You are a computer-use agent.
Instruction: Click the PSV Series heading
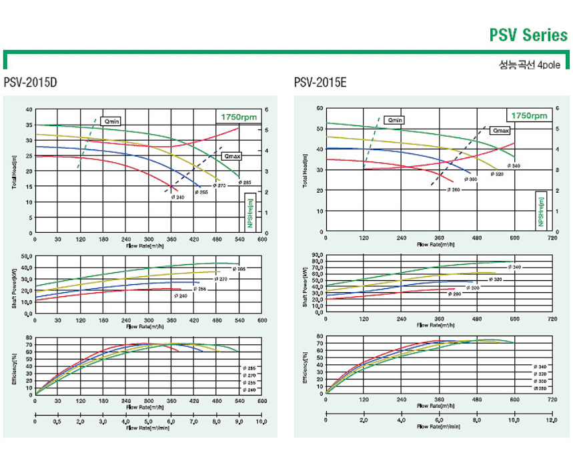[528, 34]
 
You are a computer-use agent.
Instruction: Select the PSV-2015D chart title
[31, 83]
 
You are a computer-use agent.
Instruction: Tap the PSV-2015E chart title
[320, 83]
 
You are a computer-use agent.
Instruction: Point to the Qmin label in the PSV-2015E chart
[396, 121]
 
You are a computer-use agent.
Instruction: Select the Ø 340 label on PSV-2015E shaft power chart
[514, 267]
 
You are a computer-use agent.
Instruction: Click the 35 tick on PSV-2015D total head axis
[28, 125]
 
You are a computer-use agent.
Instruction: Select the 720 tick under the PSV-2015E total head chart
[552, 238]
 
